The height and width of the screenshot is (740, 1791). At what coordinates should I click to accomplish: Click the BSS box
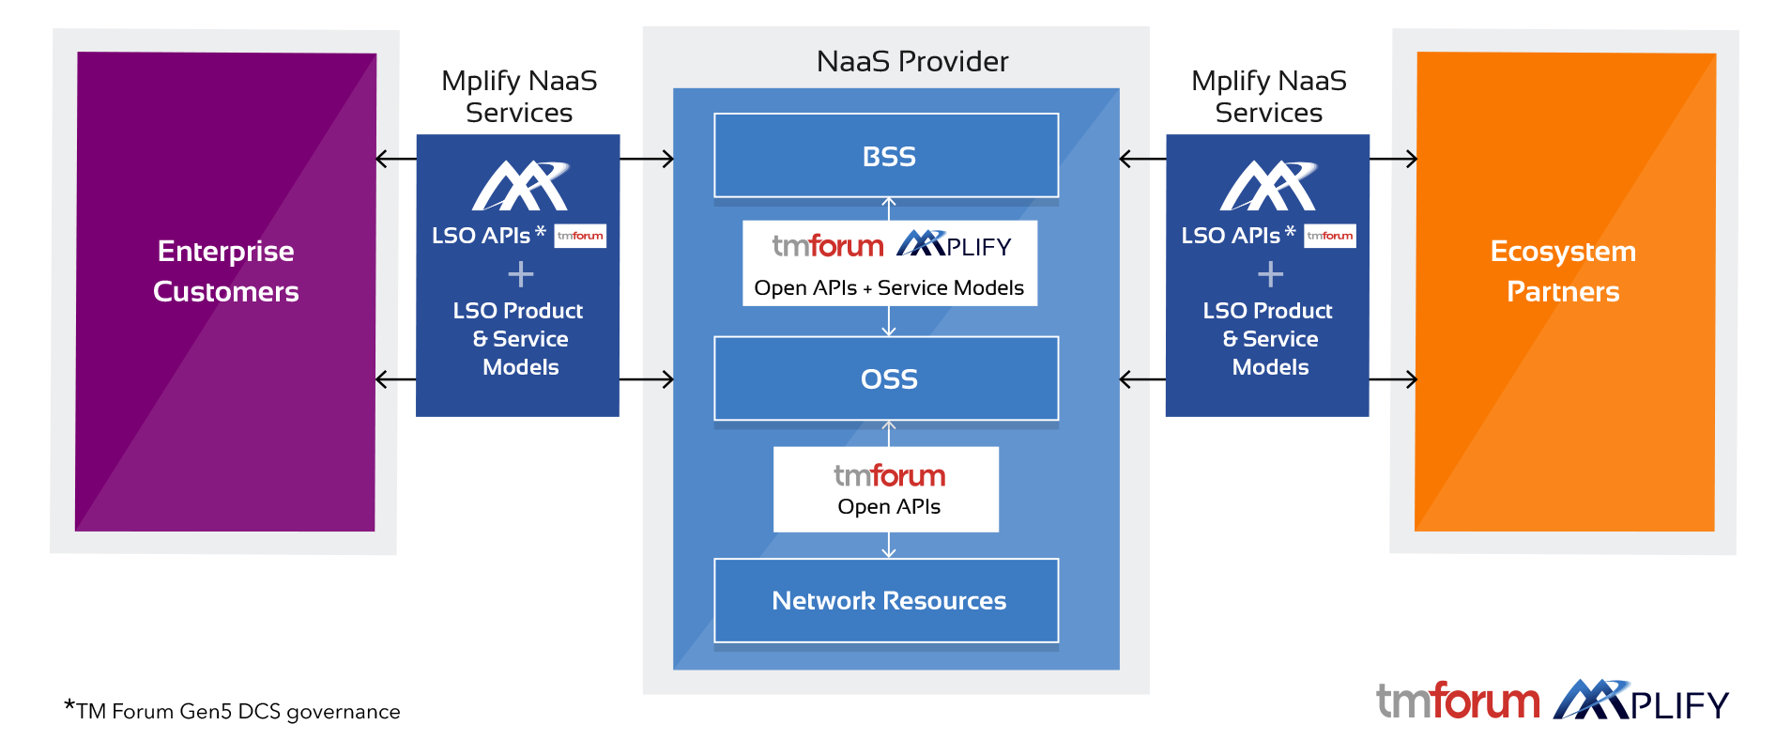(x=886, y=156)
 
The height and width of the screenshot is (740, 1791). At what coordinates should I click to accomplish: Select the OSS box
(x=886, y=378)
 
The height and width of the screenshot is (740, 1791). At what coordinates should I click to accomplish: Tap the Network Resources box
(x=886, y=601)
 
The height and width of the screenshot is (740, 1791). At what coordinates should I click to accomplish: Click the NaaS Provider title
(x=912, y=62)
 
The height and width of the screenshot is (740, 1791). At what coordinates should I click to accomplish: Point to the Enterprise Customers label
(x=226, y=271)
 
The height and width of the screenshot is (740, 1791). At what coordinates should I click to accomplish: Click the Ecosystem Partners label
(x=1563, y=271)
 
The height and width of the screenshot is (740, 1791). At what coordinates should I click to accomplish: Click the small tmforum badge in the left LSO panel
(x=580, y=236)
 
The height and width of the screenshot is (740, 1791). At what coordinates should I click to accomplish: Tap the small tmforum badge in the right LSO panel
(x=1330, y=236)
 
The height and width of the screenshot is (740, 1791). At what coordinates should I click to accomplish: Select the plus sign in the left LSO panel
(x=521, y=274)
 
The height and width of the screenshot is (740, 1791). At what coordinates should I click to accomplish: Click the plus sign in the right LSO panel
(x=1270, y=274)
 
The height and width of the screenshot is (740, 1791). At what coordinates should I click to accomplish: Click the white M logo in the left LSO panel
(x=520, y=186)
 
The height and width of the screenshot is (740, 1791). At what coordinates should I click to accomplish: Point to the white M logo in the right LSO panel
(x=1269, y=186)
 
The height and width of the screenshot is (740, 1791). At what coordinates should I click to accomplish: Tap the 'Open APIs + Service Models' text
(x=889, y=288)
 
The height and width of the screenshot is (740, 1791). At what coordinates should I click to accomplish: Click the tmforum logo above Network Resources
(x=889, y=476)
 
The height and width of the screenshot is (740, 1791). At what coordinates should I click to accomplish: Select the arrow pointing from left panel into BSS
(x=648, y=159)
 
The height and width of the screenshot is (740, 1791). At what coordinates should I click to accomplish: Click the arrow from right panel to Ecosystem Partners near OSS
(x=1394, y=379)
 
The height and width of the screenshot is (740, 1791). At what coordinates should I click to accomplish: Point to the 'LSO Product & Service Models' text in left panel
(x=519, y=338)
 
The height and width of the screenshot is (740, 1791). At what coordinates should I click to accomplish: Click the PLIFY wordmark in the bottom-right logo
(x=1679, y=705)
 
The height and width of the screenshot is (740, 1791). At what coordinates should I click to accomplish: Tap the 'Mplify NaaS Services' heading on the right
(x=1268, y=97)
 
